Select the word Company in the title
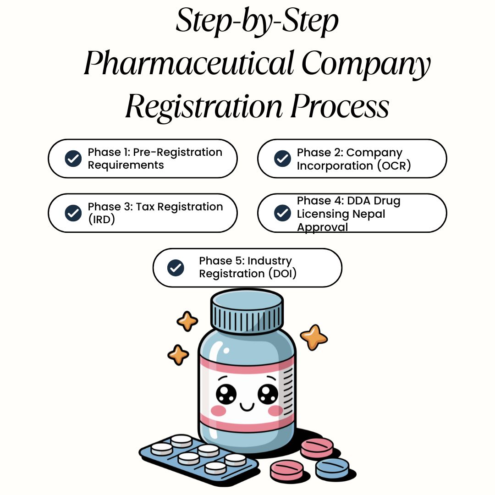pos(366,64)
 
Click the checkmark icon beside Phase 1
pos(73,159)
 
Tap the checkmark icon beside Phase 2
pos(282,159)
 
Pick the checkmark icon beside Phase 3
pos(73,213)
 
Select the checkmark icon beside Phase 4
pos(282,213)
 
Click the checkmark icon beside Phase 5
pos(176,268)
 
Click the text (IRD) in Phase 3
pos(101,220)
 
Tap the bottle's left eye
pos(226,393)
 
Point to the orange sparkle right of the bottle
pos(314,337)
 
